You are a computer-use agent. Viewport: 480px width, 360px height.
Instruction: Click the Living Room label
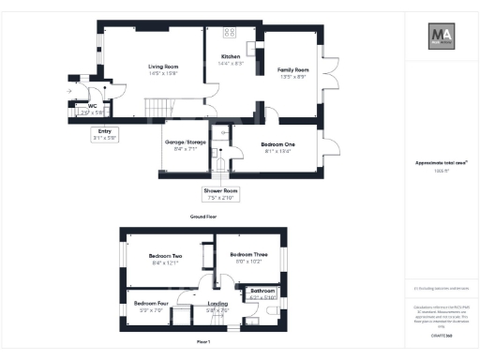pos(163,67)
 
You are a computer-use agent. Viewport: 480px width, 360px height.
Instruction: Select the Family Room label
pos(292,70)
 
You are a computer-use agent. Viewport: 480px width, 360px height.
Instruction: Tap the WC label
pos(92,106)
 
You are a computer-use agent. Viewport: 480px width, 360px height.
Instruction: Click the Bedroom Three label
pos(248,254)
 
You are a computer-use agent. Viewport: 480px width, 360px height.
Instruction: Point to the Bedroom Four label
pos(150,304)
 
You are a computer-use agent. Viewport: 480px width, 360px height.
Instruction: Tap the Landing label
pos(217,304)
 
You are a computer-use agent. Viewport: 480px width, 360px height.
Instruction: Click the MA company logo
pos(442,37)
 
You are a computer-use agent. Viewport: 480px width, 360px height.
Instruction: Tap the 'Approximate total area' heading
pos(441,163)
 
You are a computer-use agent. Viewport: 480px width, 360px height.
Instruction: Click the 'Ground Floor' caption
pos(202,217)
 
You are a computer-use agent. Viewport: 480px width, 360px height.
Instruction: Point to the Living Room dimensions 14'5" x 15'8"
pos(163,73)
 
